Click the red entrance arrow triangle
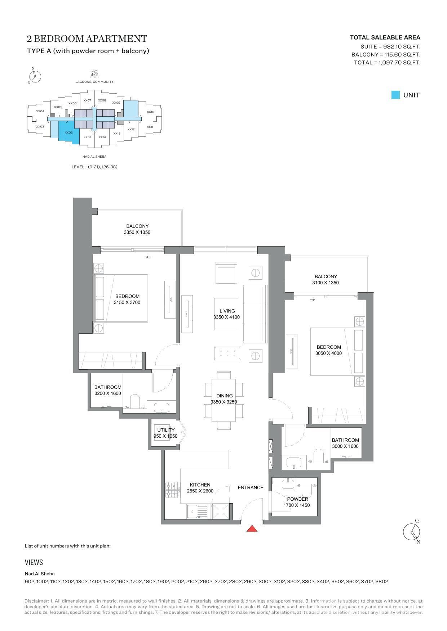pyautogui.click(x=252, y=528)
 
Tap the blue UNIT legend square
pyautogui.click(x=395, y=95)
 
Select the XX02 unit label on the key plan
pyautogui.click(x=69, y=132)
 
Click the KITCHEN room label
pyautogui.click(x=200, y=485)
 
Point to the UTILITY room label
pyautogui.click(x=166, y=430)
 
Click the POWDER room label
pyautogui.click(x=297, y=499)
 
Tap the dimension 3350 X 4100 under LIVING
pyautogui.click(x=226, y=317)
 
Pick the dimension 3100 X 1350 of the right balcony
pyautogui.click(x=326, y=283)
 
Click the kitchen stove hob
pyautogui.click(x=172, y=490)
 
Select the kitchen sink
pyautogui.click(x=197, y=511)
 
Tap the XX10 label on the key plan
pyautogui.click(x=150, y=112)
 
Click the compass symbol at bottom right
pyautogui.click(x=411, y=531)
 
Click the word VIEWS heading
pyautogui.click(x=34, y=562)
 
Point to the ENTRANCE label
pyautogui.click(x=251, y=487)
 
